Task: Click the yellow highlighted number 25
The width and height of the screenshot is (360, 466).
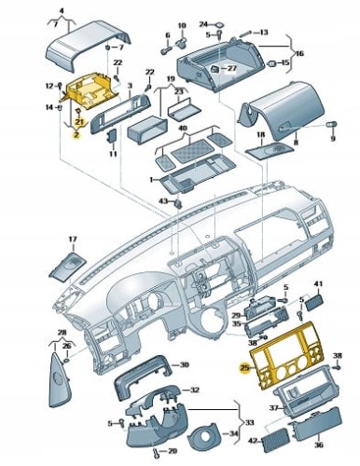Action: coord(244,368)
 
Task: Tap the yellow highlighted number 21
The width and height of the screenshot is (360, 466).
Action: coord(80,121)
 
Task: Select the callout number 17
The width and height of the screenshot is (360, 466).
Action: coord(73,240)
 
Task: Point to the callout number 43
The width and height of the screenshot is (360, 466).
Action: coord(163,201)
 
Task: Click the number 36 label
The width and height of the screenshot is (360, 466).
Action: coord(318,445)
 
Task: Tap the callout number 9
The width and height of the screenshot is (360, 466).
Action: coord(333,139)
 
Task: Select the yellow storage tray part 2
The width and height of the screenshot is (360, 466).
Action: coord(87,93)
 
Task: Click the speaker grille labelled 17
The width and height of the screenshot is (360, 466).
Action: coord(67,266)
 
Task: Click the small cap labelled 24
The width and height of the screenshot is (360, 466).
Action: coord(220,24)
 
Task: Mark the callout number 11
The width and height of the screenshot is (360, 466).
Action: coord(113,154)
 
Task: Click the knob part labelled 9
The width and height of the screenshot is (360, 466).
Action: coord(332,124)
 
